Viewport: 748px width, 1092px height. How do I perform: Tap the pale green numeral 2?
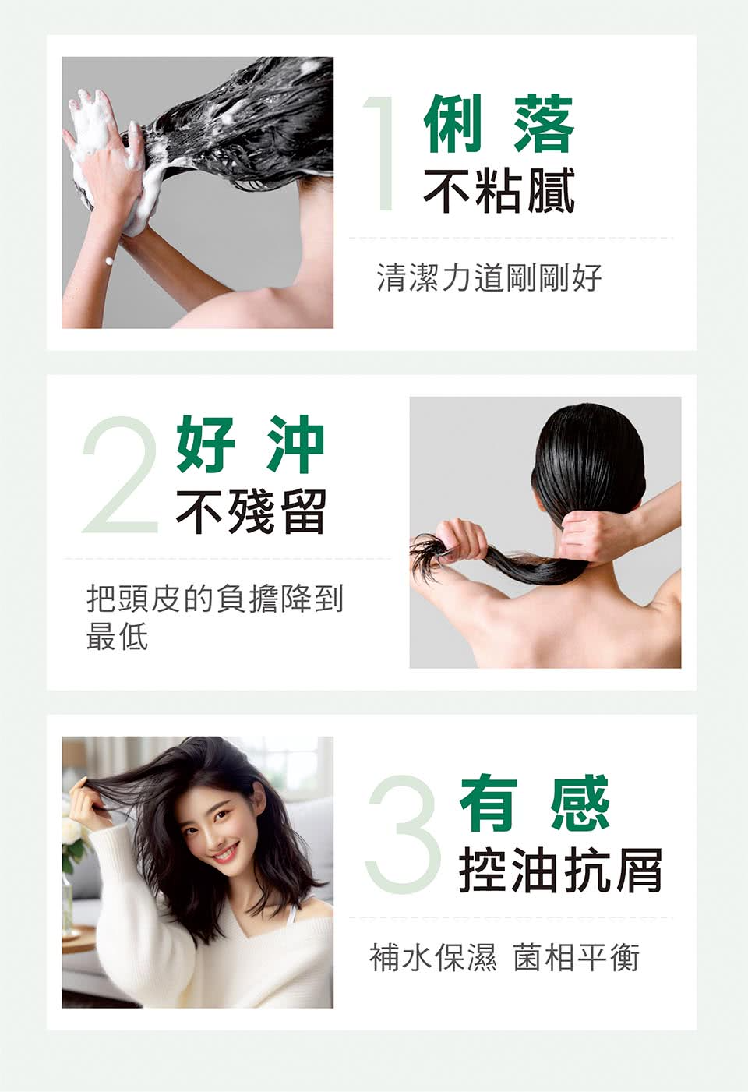click(120, 474)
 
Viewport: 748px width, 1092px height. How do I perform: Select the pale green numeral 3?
click(403, 832)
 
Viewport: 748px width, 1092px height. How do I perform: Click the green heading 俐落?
click(499, 123)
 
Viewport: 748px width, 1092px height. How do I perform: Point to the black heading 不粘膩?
click(499, 191)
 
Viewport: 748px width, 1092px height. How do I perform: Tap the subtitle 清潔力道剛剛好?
click(489, 277)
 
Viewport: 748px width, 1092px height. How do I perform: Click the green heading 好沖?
click(250, 444)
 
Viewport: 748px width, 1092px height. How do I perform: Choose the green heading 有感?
click(534, 802)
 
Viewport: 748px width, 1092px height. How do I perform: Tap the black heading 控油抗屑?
click(560, 870)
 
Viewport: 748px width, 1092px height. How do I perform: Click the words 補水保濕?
click(433, 957)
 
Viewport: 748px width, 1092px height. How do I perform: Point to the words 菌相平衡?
click(576, 957)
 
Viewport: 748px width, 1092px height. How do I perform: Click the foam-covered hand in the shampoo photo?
click(104, 144)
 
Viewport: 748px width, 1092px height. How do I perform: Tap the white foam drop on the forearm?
click(108, 261)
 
